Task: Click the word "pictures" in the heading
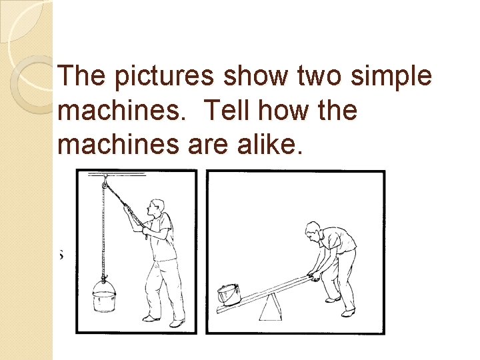coord(164,76)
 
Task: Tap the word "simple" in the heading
coord(391,76)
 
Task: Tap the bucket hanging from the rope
coord(105,296)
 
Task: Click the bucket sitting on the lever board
coord(229,294)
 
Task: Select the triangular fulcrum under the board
coord(270,307)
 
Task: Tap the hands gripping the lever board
coord(313,277)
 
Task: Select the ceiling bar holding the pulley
coord(117,175)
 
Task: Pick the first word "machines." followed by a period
coord(122,109)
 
